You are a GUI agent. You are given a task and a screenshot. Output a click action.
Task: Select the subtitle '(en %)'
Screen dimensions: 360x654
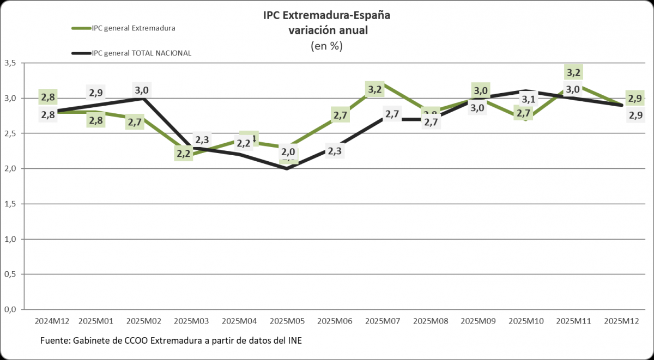(326, 46)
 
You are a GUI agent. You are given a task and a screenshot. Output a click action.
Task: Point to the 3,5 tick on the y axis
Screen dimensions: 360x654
(10, 63)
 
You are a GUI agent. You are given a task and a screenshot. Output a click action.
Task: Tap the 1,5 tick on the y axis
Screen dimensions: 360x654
(10, 204)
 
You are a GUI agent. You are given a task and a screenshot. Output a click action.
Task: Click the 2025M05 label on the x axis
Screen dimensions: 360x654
(287, 321)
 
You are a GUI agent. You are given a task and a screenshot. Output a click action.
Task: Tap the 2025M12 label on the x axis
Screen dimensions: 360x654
(622, 321)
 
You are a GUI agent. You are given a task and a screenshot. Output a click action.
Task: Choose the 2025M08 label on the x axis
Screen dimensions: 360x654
(431, 321)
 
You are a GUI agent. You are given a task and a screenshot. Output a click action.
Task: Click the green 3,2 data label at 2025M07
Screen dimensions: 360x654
(375, 89)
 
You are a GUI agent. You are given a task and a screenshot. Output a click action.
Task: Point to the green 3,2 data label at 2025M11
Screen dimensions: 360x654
(573, 72)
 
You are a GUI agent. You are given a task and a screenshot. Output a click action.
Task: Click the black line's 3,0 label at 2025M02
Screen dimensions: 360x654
(142, 90)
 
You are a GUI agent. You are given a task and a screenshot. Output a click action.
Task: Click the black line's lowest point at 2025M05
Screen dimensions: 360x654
(287, 168)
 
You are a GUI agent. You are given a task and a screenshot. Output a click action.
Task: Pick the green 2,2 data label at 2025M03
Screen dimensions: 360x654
(184, 154)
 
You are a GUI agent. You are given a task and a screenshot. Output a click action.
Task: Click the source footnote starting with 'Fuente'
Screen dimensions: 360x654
(171, 340)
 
